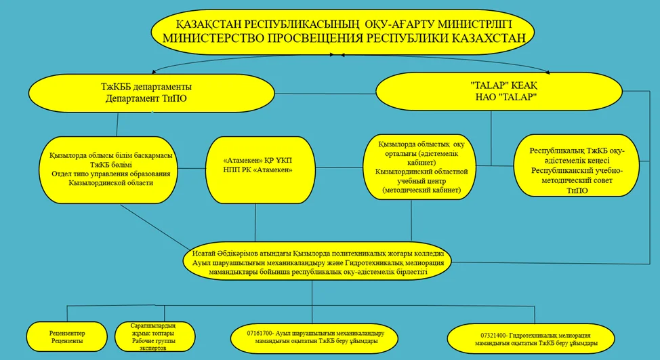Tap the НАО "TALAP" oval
[x=499, y=92]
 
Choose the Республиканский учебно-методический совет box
[x=577, y=165]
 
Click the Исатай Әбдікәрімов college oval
[x=317, y=260]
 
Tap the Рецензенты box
[x=66, y=336]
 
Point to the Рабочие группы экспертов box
[x=154, y=336]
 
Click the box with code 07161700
[x=312, y=338]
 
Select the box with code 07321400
[x=531, y=339]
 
